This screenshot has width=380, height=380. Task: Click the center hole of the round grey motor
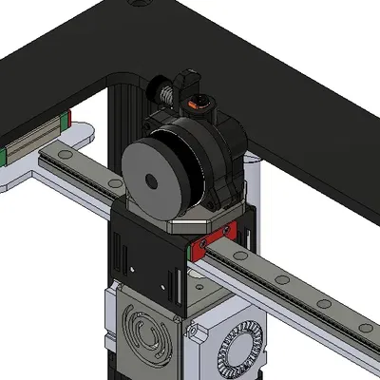pos(152,179)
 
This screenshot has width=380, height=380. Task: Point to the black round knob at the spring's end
pos(158,91)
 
